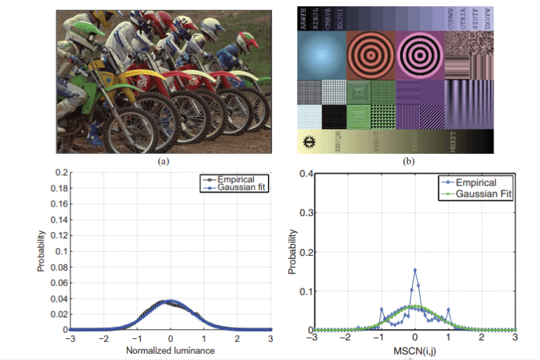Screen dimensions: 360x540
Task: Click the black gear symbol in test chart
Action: coord(308,141)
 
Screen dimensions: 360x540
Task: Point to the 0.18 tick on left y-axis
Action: coord(63,188)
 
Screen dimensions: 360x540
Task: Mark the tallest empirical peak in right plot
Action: coord(415,270)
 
